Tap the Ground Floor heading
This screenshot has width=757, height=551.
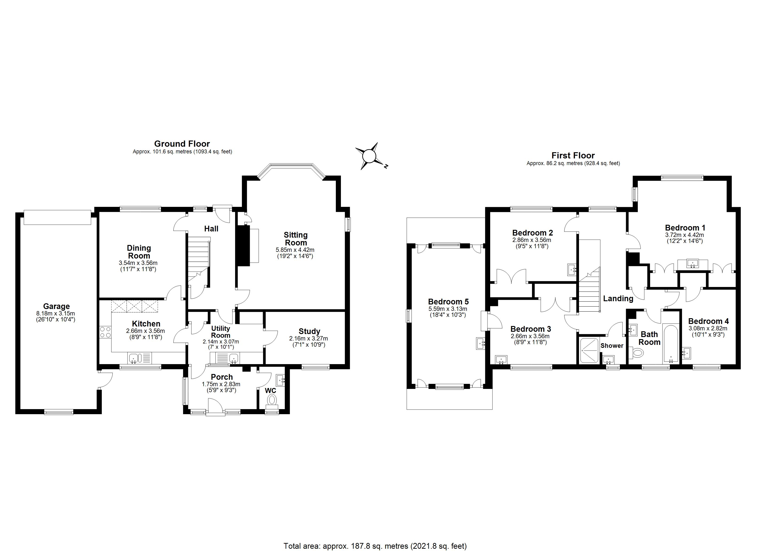[x=182, y=144]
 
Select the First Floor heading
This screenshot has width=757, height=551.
[x=573, y=155]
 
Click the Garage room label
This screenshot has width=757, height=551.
[x=56, y=306]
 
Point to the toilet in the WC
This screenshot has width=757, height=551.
[x=272, y=400]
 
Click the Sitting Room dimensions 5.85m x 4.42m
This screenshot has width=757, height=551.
[x=295, y=250]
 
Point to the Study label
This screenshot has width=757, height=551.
[x=309, y=331]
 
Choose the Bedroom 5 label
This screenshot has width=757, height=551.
[x=448, y=301]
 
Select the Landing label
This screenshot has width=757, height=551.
[x=618, y=298]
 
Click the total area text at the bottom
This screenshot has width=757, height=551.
[x=375, y=546]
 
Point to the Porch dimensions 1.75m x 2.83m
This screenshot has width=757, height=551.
[x=221, y=384]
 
